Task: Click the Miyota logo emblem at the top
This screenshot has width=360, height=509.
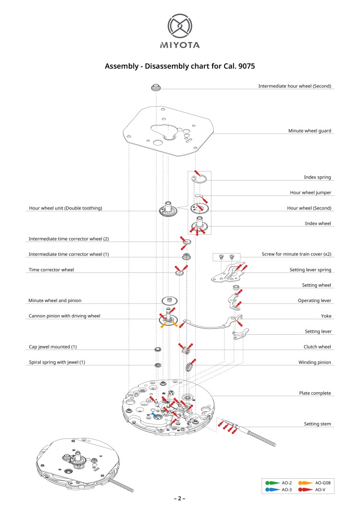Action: [180, 26]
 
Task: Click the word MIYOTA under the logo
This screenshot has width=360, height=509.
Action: [180, 45]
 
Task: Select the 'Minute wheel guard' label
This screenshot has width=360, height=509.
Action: [310, 131]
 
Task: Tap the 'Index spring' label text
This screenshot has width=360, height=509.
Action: [317, 177]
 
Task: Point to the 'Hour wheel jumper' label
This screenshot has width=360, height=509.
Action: [311, 193]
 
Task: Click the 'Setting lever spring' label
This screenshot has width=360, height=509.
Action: [310, 270]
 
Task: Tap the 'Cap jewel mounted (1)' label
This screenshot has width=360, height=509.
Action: [53, 347]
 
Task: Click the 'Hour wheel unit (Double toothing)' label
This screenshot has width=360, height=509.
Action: [66, 208]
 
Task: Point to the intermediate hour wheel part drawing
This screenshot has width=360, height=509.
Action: [155, 87]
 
